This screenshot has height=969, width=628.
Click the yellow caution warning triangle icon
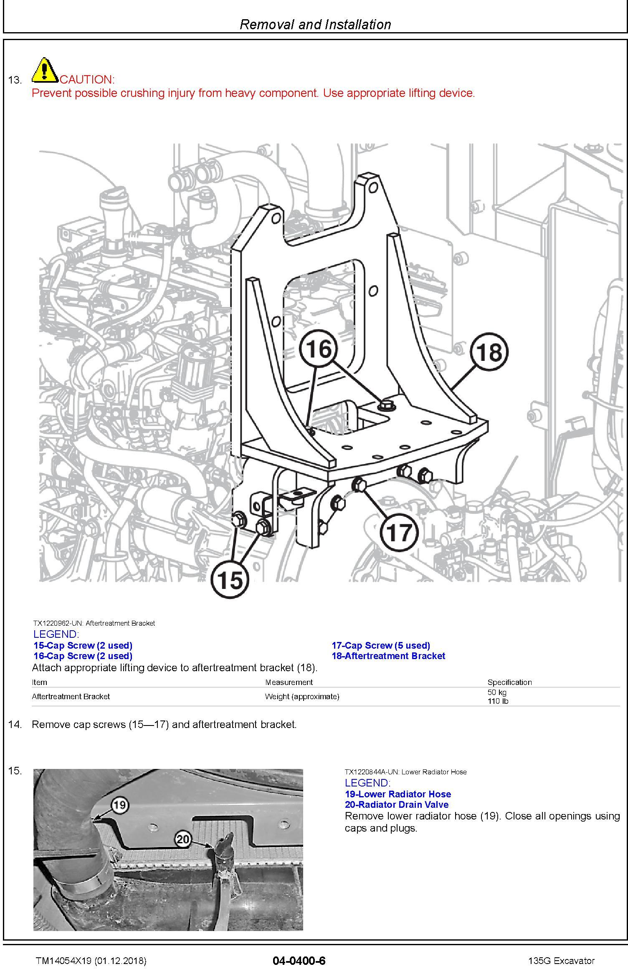(x=45, y=70)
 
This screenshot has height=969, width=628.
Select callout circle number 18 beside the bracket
(x=489, y=352)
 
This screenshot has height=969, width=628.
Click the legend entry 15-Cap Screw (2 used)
(x=83, y=645)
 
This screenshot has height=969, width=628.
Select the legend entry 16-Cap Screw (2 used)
(x=83, y=656)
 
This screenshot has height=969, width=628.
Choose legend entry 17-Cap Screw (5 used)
(x=381, y=645)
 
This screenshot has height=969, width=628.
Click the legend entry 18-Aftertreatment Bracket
(x=388, y=656)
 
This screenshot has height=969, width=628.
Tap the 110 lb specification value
(x=498, y=701)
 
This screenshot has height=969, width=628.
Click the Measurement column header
(x=289, y=682)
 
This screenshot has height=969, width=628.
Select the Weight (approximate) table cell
(x=302, y=696)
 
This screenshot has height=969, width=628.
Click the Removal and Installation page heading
(x=315, y=24)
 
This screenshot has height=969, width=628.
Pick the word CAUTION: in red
(x=87, y=79)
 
